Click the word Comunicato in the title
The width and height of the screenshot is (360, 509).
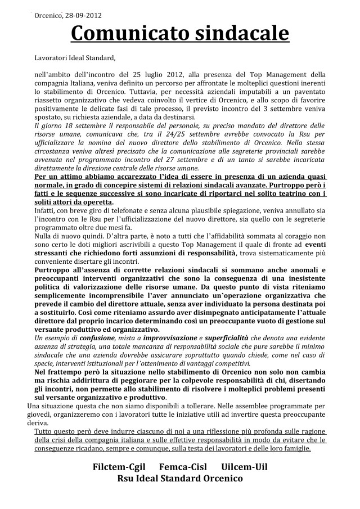tap(132, 34)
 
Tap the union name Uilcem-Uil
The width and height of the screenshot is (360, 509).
tap(241, 467)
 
